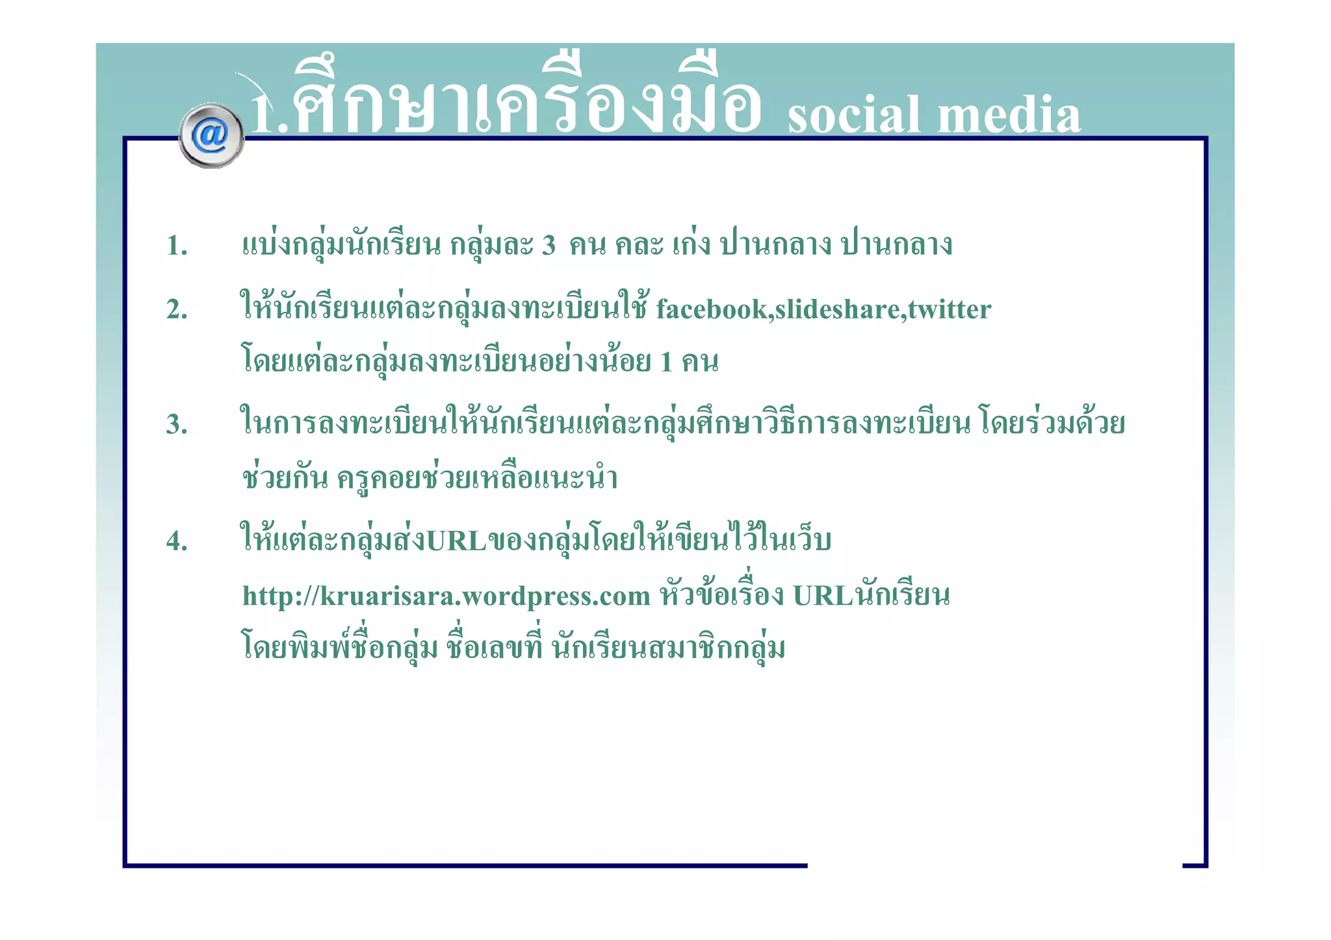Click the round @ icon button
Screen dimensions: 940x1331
pos(211,136)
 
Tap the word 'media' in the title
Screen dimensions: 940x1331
pos(1009,116)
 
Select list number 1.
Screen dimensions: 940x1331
pos(177,246)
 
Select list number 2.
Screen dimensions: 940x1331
pos(177,309)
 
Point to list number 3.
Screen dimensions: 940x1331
pos(177,424)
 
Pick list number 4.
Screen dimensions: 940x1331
pos(177,540)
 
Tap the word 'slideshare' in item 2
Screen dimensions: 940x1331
pos(837,309)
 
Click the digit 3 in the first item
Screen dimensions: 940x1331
pos(549,246)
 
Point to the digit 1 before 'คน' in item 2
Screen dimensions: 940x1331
pos(666,362)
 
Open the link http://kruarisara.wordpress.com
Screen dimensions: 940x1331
pos(446,596)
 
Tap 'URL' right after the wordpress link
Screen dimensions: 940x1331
pos(823,596)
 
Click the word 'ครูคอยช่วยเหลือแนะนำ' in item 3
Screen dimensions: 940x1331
pos(477,479)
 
